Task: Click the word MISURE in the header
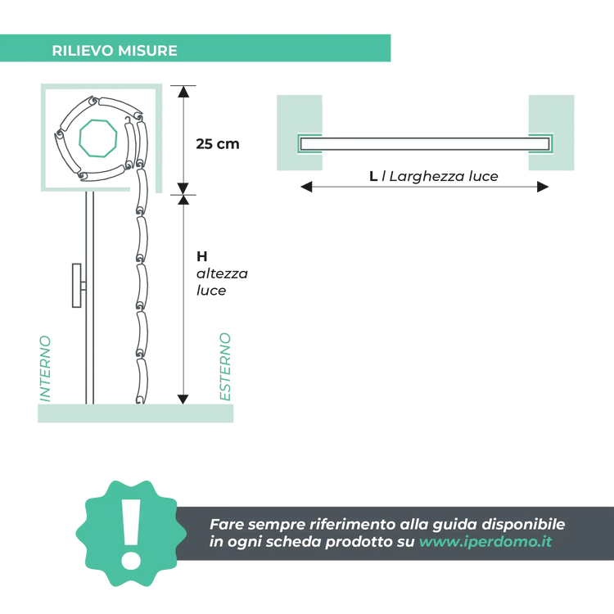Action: (147, 51)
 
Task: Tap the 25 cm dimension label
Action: (218, 144)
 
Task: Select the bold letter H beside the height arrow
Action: (201, 256)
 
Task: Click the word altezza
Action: (222, 273)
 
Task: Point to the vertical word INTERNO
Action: (45, 368)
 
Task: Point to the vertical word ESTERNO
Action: (225, 367)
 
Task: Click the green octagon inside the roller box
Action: (98, 138)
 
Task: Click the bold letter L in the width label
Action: (373, 176)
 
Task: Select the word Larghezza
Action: (427, 177)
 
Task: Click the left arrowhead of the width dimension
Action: (306, 187)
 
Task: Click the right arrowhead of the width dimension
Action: (543, 187)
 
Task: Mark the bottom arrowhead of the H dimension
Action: (183, 399)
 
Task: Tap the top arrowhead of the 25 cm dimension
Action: (183, 92)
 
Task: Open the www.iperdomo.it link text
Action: (485, 542)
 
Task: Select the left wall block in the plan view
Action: (300, 133)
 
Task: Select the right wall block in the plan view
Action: (551, 133)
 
